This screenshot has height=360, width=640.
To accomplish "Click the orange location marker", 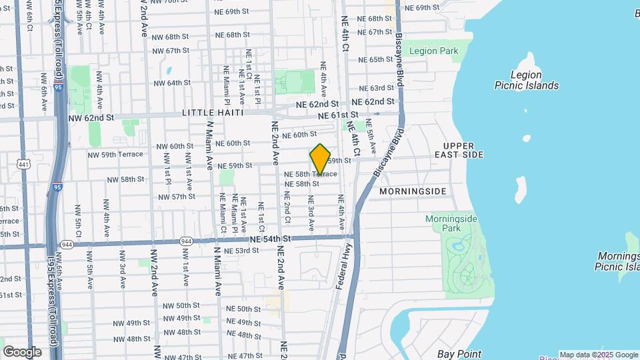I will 320,159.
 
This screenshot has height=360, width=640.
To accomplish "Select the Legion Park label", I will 433,51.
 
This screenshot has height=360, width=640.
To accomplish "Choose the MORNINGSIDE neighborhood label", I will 412,191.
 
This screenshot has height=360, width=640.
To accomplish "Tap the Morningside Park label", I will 443,223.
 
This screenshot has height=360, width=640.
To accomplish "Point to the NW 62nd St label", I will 91,117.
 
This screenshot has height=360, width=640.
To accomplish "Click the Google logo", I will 22,352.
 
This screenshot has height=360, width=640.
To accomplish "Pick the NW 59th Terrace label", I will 115,154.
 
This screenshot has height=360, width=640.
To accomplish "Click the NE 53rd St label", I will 241,251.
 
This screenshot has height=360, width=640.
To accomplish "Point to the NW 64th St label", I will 172,83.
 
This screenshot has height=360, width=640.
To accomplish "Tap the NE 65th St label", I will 376,59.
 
